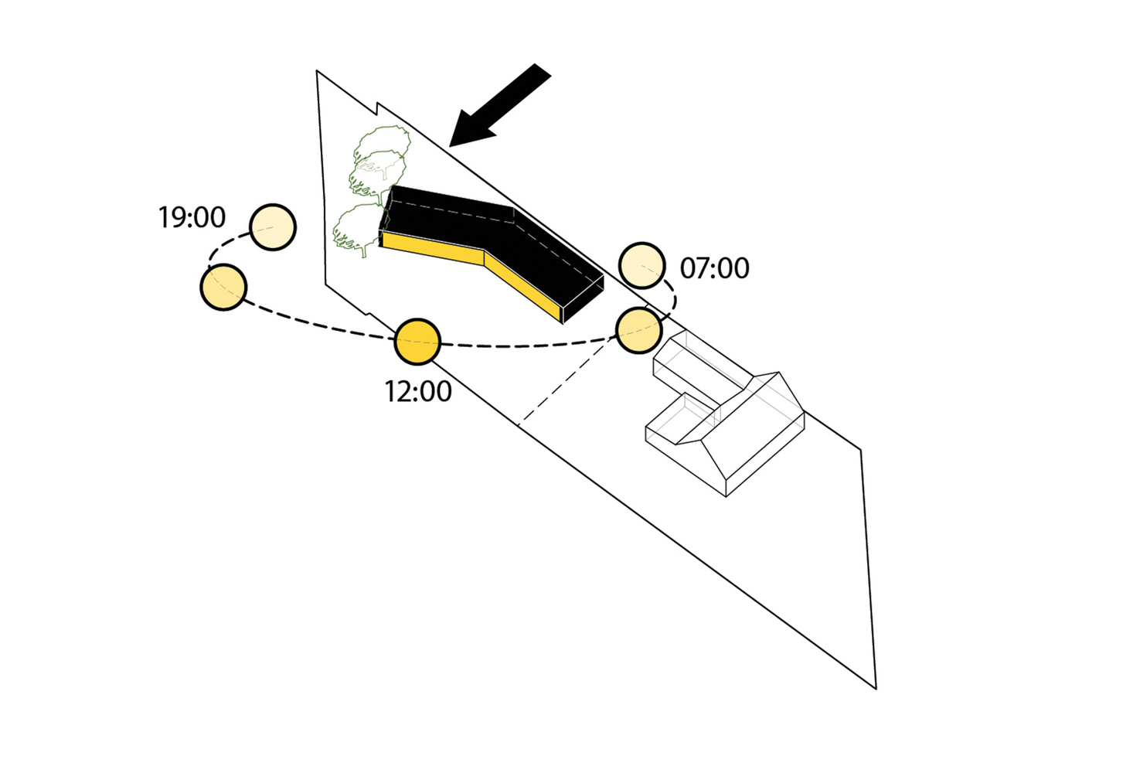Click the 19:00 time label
(192, 217)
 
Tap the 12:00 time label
(418, 391)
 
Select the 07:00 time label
(715, 268)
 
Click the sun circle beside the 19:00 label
(273, 227)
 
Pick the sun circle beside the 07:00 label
(641, 266)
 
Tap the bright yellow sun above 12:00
(417, 342)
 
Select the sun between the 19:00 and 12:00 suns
(223, 287)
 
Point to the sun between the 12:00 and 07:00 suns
(638, 330)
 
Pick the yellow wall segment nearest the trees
(433, 249)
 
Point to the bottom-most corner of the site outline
(876, 689)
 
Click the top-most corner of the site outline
(317, 70)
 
